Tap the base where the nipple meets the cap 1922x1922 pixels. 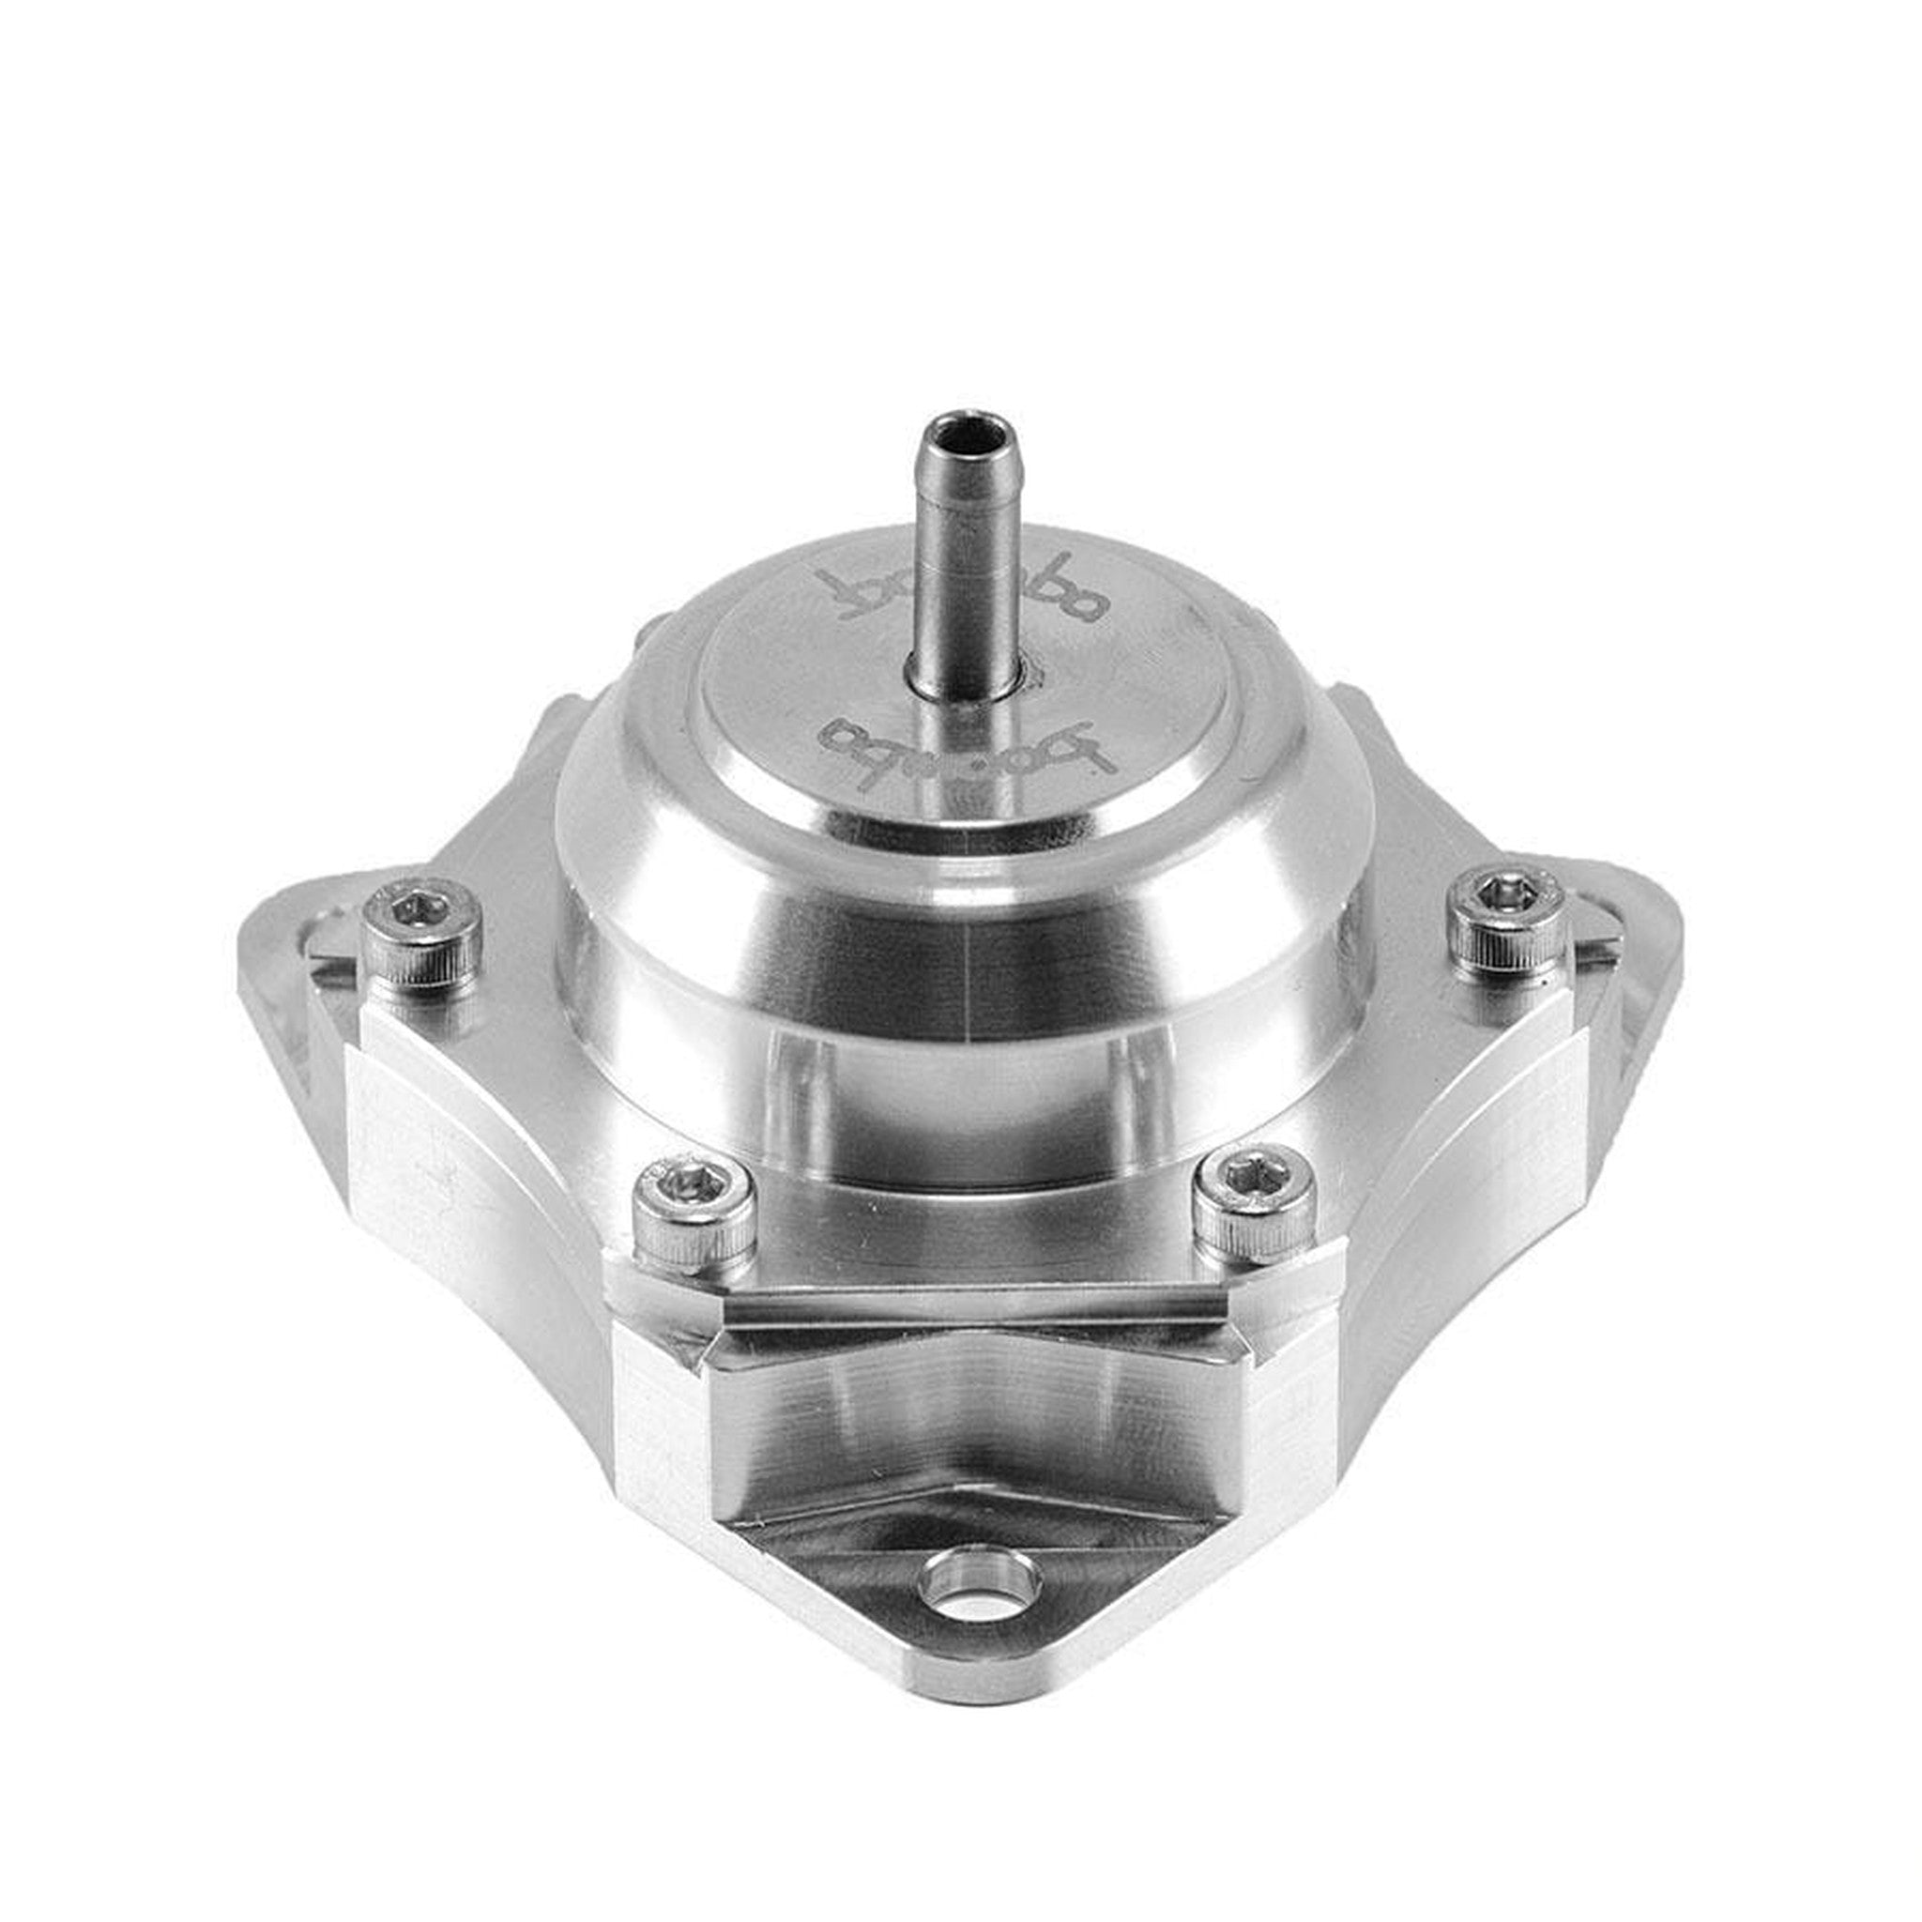pos(960,679)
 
